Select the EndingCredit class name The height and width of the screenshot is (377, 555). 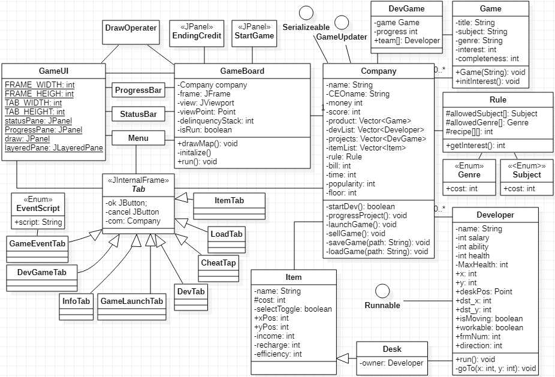click(x=197, y=36)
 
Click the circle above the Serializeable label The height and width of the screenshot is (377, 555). click(x=307, y=13)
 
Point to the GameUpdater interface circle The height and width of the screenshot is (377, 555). click(x=342, y=22)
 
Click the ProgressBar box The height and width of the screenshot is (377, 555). click(x=138, y=91)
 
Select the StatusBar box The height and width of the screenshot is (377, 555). click(x=138, y=114)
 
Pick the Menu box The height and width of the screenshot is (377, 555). click(x=138, y=138)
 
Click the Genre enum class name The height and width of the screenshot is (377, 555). click(x=469, y=175)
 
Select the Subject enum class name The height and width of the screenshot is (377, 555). click(x=526, y=175)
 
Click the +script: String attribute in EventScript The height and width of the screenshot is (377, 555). click(x=38, y=222)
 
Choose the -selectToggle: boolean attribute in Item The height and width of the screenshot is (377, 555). click(x=292, y=309)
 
